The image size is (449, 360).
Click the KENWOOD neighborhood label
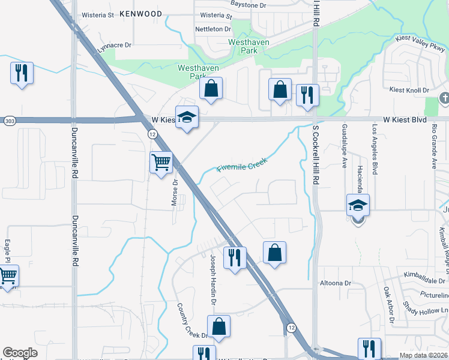coord(140,13)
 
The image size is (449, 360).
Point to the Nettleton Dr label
coord(212,29)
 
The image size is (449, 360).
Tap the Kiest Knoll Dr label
coord(409,90)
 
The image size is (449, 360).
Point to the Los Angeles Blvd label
coord(375,151)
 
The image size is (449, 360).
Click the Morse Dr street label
coord(175,193)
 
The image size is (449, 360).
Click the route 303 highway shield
coord(8,120)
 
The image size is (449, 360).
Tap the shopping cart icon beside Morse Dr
coord(161,162)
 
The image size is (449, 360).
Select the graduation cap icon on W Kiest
coord(187,117)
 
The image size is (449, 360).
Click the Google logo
coord(20,353)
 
